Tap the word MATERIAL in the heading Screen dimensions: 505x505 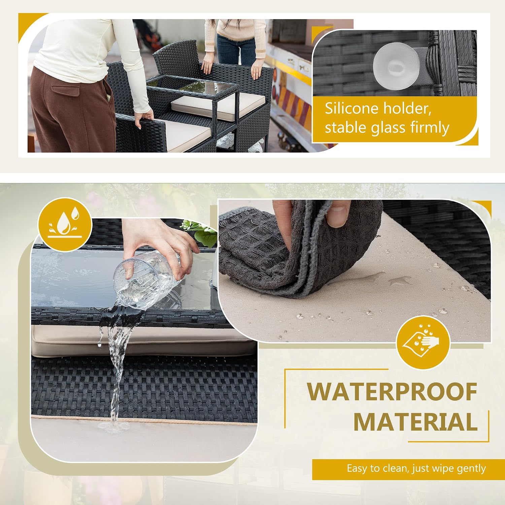pyautogui.click(x=415, y=422)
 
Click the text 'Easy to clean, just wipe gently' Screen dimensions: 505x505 pyautogui.click(x=416, y=469)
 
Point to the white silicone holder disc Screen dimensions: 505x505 pyautogui.click(x=396, y=66)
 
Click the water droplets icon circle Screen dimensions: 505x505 pyautogui.click(x=65, y=225)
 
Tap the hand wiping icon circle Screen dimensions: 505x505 pyautogui.click(x=423, y=342)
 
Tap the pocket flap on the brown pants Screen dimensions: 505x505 pyautogui.click(x=66, y=91)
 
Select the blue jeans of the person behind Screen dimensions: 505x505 pyautogui.click(x=236, y=50)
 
